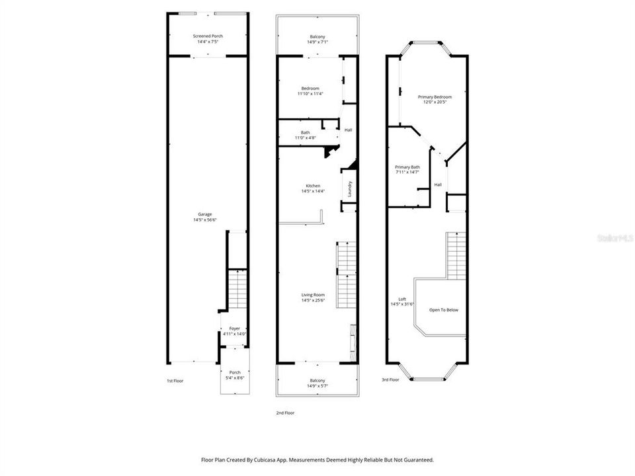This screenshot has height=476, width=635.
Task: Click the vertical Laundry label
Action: tap(350, 188)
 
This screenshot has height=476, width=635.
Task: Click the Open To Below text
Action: tap(444, 309)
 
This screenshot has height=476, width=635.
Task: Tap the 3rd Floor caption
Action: tap(390, 380)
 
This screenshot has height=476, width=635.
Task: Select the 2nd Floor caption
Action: tap(285, 413)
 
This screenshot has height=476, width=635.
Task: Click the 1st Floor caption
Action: tap(175, 380)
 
